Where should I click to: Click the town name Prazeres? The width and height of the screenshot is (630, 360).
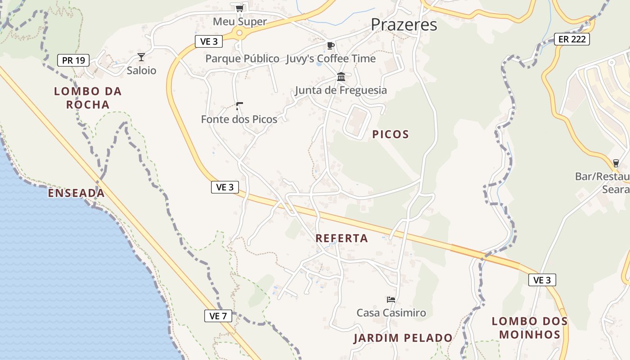point(404,25)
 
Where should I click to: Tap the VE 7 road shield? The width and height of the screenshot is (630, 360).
point(218,316)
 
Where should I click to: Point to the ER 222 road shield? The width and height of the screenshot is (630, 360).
point(572,39)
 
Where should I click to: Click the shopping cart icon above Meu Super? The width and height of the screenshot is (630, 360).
point(239,8)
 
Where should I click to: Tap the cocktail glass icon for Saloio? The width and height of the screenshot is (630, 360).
point(141,57)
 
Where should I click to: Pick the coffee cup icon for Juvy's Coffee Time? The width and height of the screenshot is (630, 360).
point(331,45)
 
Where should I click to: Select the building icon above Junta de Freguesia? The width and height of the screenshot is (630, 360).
point(341,77)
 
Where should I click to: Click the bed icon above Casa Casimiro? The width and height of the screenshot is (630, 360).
point(391,300)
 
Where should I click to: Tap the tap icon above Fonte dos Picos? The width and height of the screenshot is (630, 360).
point(239,106)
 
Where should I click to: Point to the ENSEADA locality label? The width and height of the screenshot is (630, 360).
point(76,193)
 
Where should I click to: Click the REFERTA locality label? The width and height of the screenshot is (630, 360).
point(342,238)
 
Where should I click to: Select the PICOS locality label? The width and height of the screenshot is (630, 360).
point(391,134)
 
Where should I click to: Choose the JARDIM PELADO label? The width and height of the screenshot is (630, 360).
point(403,338)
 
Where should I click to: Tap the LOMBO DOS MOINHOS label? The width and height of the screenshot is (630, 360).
point(530,328)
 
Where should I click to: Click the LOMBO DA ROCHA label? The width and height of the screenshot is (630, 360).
point(88,98)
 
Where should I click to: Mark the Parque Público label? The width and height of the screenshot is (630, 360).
point(242,58)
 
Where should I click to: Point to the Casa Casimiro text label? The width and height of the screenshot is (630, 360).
point(391,312)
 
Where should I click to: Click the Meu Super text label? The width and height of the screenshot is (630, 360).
point(240,21)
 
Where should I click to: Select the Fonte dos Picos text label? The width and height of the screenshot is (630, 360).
point(239,119)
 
